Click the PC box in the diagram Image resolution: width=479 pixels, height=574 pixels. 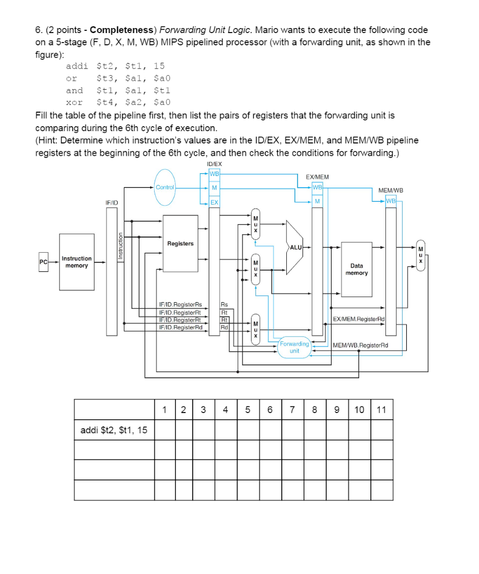[x=42, y=262]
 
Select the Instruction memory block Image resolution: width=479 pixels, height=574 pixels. [x=76, y=262]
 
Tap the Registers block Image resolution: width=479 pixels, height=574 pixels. [x=180, y=244]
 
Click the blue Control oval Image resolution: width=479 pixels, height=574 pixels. [x=165, y=187]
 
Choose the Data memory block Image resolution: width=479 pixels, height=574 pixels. [x=356, y=269]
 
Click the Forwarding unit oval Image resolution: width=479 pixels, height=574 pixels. [x=294, y=347]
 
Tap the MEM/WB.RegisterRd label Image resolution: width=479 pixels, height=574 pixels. [x=360, y=345]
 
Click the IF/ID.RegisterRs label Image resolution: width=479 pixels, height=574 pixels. [x=180, y=306]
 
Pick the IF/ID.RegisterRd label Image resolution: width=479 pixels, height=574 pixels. [x=180, y=327]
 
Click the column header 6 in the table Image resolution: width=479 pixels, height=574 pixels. [x=269, y=409]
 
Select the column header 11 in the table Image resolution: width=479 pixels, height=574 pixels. [x=381, y=409]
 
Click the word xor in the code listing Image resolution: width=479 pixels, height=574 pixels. [x=74, y=102]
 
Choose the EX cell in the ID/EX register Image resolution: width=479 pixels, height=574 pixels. [x=214, y=201]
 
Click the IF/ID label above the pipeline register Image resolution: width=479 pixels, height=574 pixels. [x=111, y=201]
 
